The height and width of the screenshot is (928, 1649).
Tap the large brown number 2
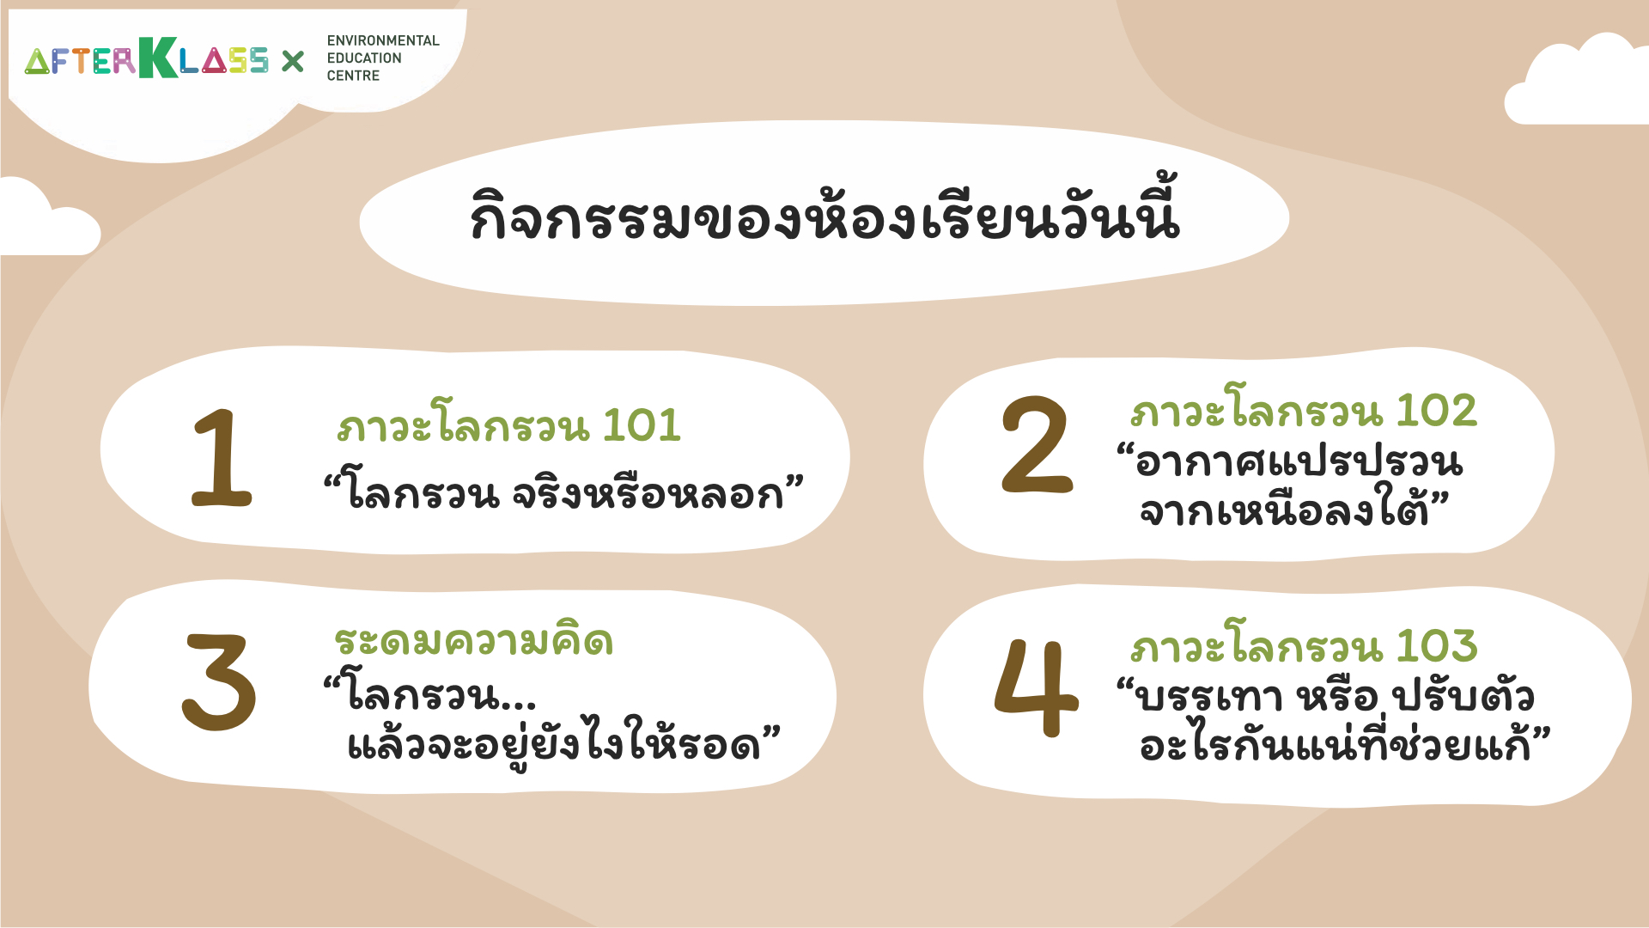(x=1037, y=445)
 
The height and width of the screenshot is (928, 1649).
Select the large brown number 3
(x=219, y=682)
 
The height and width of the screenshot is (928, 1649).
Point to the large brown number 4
(x=1036, y=687)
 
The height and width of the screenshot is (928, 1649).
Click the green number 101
(x=642, y=425)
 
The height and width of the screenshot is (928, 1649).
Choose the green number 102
(x=1436, y=411)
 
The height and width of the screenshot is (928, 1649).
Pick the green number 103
(x=1437, y=646)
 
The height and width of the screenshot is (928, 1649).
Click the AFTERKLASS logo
(x=146, y=58)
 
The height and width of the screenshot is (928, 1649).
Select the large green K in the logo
(x=158, y=58)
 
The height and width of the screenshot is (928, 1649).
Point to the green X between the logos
(x=293, y=61)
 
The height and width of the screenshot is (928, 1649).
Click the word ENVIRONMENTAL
(x=383, y=40)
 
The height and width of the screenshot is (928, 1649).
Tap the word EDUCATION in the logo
(x=364, y=58)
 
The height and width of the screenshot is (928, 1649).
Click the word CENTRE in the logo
(x=353, y=76)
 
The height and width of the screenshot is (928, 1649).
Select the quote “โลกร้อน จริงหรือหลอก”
(x=563, y=491)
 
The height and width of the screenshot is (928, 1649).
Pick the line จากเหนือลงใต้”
(x=1294, y=507)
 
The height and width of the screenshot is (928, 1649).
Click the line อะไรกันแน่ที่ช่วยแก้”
(x=1345, y=742)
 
